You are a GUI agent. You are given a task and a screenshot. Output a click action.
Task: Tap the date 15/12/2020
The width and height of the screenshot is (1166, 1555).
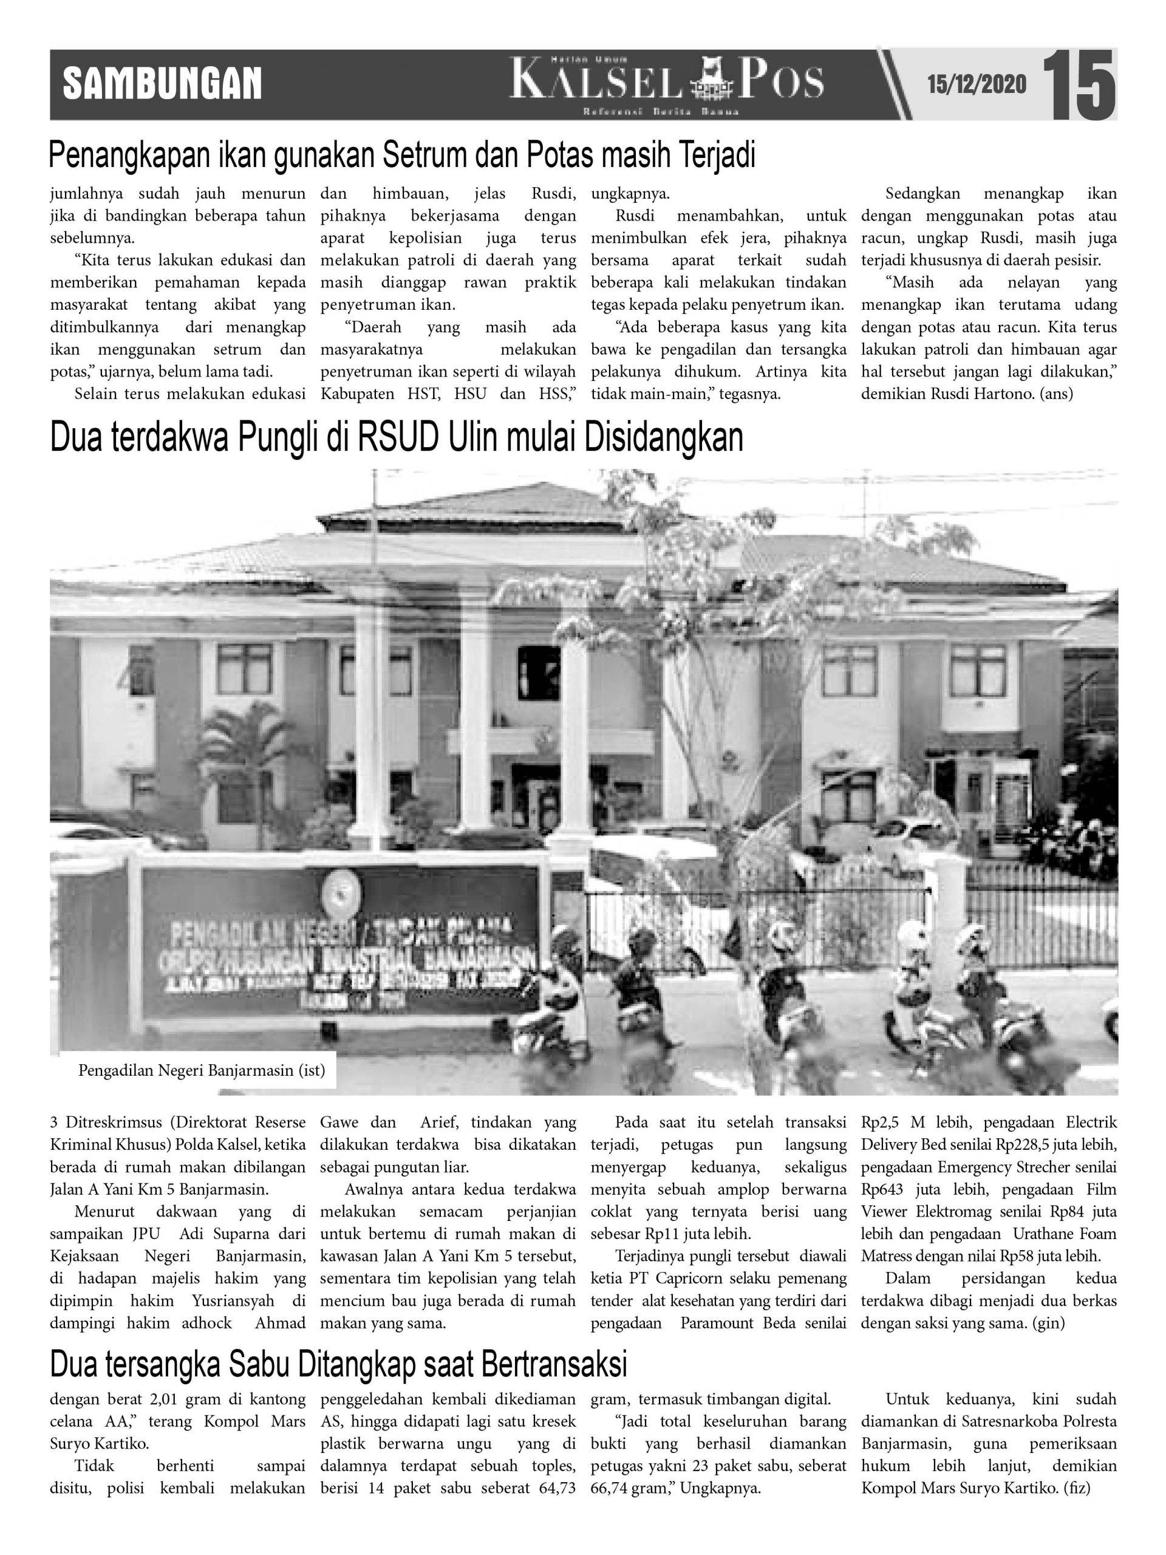click(x=977, y=85)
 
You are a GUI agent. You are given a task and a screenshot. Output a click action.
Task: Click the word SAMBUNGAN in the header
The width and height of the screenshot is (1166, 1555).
click(x=162, y=84)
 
